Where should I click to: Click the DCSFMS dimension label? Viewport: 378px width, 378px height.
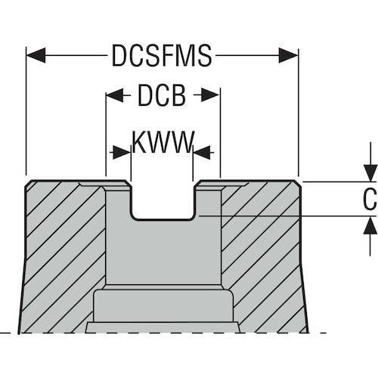[x=162, y=55]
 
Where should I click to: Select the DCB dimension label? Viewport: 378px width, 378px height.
[x=162, y=95]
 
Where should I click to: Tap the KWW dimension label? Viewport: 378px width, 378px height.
[x=163, y=142]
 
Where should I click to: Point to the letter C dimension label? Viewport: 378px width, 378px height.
[x=370, y=199]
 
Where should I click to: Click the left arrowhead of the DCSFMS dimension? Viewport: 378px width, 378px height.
[x=36, y=55]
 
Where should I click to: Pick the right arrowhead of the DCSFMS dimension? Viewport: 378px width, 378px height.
[x=289, y=55]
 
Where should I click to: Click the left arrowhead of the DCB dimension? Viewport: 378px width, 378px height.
[x=115, y=95]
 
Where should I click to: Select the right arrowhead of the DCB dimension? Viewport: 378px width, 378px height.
[x=210, y=95]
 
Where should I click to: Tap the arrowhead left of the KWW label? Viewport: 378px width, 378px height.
[x=122, y=152]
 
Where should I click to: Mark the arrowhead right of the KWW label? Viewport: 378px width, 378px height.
[x=202, y=152]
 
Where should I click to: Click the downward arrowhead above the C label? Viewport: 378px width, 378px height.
[x=370, y=173]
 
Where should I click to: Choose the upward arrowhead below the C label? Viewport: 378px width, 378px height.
[x=370, y=226]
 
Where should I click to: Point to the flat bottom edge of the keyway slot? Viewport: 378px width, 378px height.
[x=163, y=220]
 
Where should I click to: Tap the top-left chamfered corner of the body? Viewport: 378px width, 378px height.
[x=28, y=183]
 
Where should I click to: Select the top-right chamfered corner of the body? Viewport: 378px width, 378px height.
[x=297, y=184]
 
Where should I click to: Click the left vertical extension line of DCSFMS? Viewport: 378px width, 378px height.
[x=26, y=111]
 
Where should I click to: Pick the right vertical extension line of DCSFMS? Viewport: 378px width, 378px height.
[x=299, y=113]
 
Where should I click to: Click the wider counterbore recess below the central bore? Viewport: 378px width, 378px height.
[x=163, y=306]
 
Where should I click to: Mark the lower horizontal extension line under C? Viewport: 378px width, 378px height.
[x=288, y=216]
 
